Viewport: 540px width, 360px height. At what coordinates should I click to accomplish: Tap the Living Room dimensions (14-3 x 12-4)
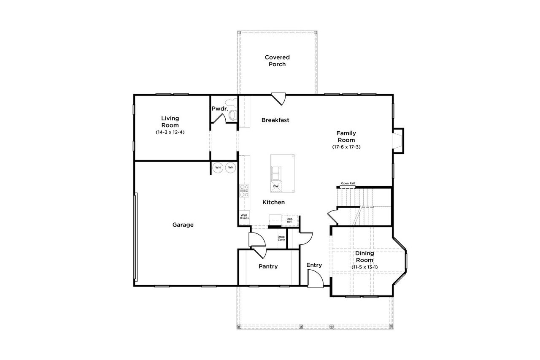tap(170, 132)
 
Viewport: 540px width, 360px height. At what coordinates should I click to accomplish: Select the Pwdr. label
tap(219, 109)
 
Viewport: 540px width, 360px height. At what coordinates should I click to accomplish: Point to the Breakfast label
tap(275, 120)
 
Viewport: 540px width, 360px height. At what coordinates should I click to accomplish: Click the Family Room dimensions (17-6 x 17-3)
tap(346, 147)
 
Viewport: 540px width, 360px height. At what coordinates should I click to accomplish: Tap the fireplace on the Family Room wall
tap(397, 141)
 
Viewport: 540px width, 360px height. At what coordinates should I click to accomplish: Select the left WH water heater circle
tap(218, 168)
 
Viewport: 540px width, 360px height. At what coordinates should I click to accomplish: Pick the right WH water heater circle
tap(231, 168)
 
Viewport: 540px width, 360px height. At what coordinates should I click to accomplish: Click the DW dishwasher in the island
tap(276, 186)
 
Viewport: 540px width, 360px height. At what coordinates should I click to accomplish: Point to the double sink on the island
tap(276, 172)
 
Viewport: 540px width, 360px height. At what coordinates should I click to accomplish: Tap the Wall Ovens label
tap(244, 217)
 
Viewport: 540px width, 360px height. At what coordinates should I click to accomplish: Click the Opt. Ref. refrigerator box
tap(289, 220)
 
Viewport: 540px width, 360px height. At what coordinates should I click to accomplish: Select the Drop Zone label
tap(281, 238)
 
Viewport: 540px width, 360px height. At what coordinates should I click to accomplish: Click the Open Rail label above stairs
tap(348, 183)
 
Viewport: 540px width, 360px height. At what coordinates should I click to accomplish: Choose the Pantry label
tap(268, 266)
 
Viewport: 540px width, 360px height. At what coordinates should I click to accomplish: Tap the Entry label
tap(314, 265)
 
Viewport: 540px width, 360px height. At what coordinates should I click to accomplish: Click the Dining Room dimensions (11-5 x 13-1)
tap(364, 267)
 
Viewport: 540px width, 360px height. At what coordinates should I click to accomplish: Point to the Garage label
tap(183, 225)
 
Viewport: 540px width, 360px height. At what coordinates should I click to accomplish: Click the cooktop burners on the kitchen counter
tap(244, 191)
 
